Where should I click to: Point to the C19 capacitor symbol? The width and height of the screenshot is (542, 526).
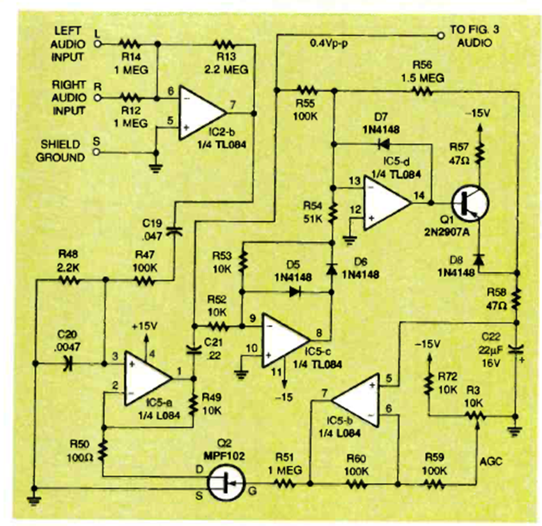tap(173, 226)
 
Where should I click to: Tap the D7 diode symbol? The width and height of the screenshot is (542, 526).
tap(381, 145)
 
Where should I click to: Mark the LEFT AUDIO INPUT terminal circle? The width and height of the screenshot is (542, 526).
tap(97, 42)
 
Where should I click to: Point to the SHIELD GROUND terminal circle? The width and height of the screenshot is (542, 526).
tap(97, 141)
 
